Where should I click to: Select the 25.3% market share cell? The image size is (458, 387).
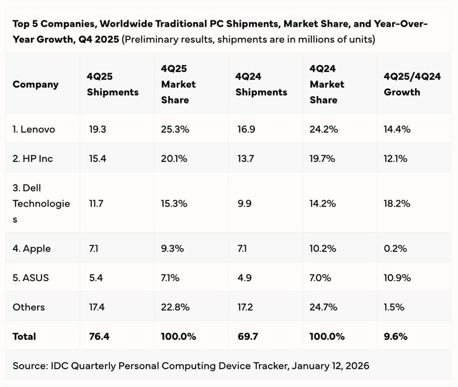[174, 129]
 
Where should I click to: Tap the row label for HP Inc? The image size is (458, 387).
[33, 159]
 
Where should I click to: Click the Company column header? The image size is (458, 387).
[35, 84]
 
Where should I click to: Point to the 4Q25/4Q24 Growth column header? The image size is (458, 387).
[412, 84]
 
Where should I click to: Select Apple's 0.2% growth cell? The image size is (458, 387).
[395, 249]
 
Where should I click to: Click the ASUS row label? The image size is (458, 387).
[31, 278]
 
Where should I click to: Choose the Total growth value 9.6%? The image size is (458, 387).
[395, 336]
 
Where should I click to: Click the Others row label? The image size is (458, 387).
[29, 307]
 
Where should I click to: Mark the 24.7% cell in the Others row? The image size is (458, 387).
[323, 307]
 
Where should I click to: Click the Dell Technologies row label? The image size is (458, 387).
[41, 203]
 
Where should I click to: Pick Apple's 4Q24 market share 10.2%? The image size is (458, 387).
[323, 249]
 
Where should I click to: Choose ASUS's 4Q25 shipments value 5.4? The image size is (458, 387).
[96, 278]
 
